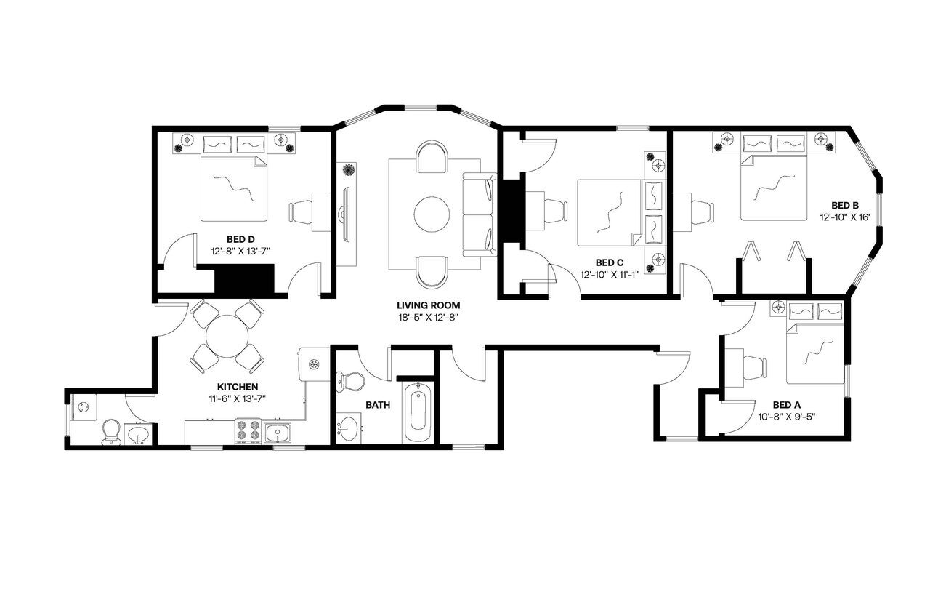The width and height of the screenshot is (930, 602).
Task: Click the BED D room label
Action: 240,238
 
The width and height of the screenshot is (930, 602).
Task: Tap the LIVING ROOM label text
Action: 429,305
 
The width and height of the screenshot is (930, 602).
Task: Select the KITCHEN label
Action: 238,387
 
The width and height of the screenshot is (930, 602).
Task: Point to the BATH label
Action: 377,404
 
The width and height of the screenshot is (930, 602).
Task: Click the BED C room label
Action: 610,262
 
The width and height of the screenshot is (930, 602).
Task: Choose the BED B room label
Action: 845,205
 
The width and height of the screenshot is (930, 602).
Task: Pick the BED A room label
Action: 786,404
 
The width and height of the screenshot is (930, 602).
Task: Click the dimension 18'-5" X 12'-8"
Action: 429,317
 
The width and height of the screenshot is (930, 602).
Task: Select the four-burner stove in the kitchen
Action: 248,431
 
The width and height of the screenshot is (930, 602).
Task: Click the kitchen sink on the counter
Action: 278,433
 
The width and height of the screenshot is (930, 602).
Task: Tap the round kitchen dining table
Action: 227,336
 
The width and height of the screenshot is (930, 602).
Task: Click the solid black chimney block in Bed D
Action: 243,281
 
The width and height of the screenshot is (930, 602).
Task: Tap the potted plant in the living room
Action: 349,170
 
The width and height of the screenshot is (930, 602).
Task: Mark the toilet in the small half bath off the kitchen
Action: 111,430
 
